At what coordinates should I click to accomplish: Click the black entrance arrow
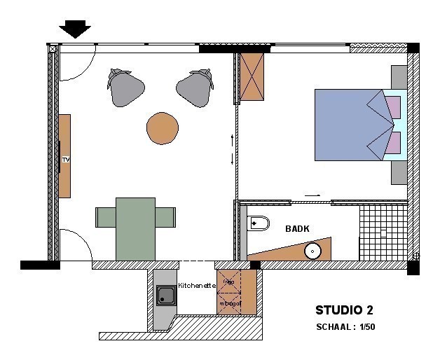click(x=74, y=29)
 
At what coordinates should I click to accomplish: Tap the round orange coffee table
click(x=163, y=129)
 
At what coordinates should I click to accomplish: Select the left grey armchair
click(x=125, y=88)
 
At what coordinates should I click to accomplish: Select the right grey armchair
click(x=195, y=88)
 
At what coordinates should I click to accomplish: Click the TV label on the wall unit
click(x=66, y=160)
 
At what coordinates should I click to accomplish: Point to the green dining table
click(x=135, y=226)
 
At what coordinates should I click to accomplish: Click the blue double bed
click(x=348, y=125)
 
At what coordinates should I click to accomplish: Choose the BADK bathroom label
click(x=297, y=228)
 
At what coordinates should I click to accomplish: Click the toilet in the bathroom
click(x=258, y=223)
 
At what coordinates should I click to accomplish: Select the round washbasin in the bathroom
click(x=312, y=251)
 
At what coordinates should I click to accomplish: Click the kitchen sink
click(x=166, y=296)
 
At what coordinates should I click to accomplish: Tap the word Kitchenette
click(x=197, y=285)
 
